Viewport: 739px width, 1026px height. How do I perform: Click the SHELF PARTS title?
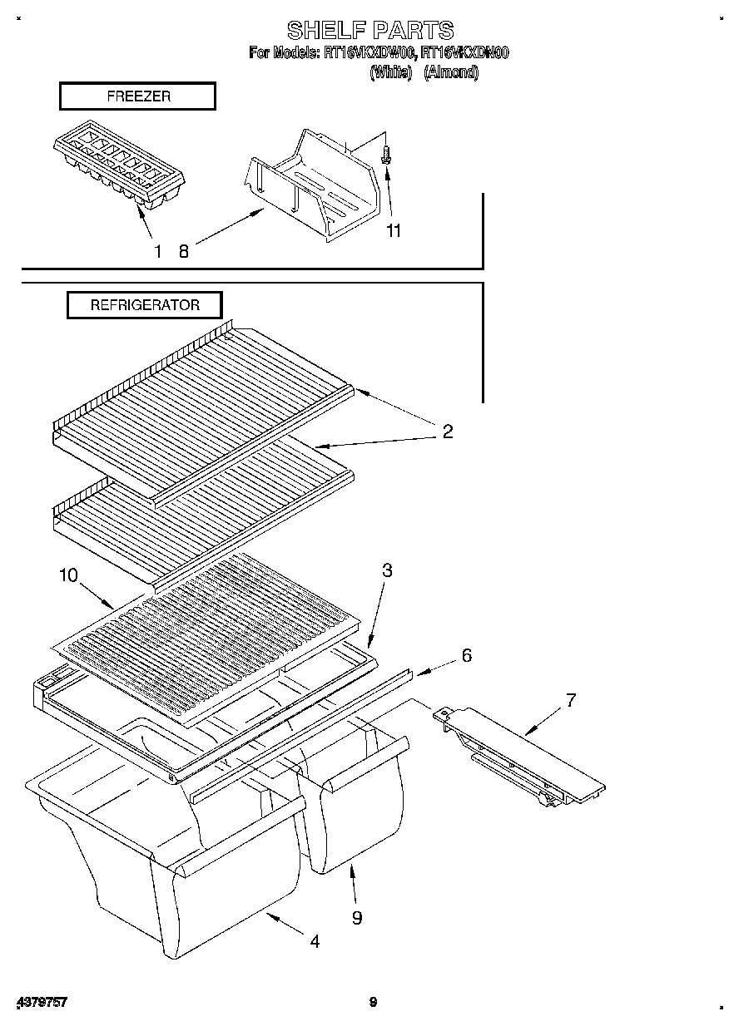coord(370,31)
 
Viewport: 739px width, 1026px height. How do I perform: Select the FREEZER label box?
coord(137,96)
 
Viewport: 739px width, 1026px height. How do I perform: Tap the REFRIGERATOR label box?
coord(145,305)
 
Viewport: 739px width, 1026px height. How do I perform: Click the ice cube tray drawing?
coord(119,168)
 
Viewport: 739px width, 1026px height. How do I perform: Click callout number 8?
coord(184,251)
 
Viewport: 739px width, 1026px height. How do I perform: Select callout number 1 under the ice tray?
coord(157,251)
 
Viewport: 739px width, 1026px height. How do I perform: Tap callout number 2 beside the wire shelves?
coord(447,432)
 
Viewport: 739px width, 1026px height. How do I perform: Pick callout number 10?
coord(68,575)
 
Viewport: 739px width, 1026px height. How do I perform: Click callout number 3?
coord(387,570)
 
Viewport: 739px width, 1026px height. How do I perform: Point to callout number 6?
coord(466,655)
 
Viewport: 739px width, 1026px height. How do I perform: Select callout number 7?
coord(571,699)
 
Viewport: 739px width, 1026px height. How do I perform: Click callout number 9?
coord(357,918)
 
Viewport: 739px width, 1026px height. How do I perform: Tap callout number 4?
coord(315,941)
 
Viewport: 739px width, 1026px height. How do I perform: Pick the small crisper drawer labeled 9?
coord(358,815)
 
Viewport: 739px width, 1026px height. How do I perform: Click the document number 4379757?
coord(41,1002)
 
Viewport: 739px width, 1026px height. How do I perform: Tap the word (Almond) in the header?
coord(451,72)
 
